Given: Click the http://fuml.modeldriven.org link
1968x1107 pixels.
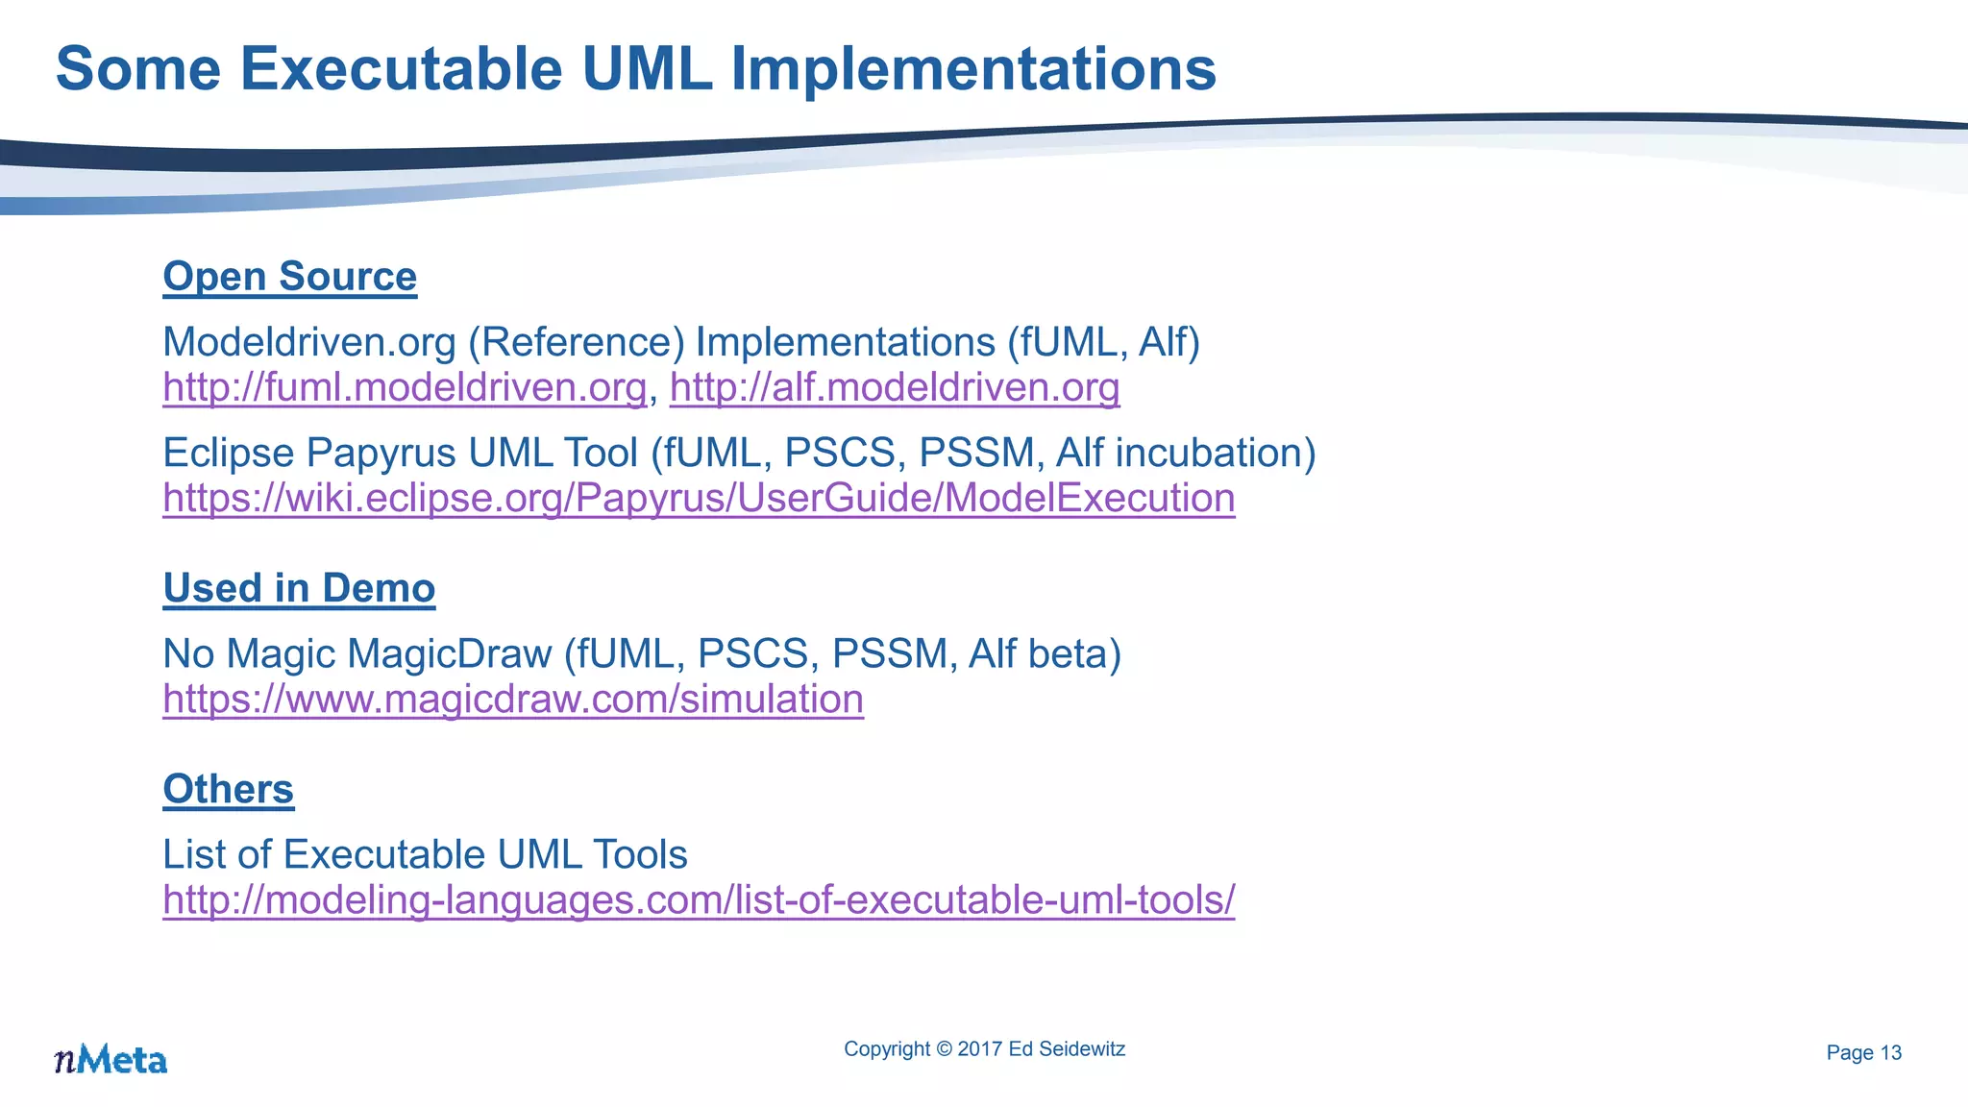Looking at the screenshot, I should pos(404,387).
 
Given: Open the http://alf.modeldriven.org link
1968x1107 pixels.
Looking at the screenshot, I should pos(894,387).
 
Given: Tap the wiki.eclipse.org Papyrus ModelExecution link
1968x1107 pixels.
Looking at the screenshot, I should pos(699,498).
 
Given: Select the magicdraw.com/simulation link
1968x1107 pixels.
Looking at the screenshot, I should pos(513,699).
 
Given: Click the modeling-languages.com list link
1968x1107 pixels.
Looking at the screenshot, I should pos(699,900).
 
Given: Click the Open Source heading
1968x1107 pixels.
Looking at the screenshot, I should pos(289,277).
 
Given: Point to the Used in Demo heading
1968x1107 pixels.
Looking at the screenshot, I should pos(299,588).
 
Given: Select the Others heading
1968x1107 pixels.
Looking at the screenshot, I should pos(228,789).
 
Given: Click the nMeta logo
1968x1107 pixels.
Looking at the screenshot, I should pos(111,1059).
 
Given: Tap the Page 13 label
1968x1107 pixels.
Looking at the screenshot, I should pos(1863,1053).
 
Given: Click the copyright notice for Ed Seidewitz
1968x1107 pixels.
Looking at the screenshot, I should pos(984,1049).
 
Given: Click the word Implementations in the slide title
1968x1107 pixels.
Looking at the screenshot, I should pos(972,69).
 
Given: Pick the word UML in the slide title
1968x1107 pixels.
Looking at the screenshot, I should pos(647,69).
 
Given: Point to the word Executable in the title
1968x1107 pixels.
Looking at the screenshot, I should pos(400,69).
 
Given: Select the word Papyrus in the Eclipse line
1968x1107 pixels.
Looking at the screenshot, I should pos(380,454).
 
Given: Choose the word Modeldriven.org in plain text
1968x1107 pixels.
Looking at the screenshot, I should pos(308,343).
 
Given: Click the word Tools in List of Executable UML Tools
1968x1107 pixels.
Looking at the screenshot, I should pos(639,855).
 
